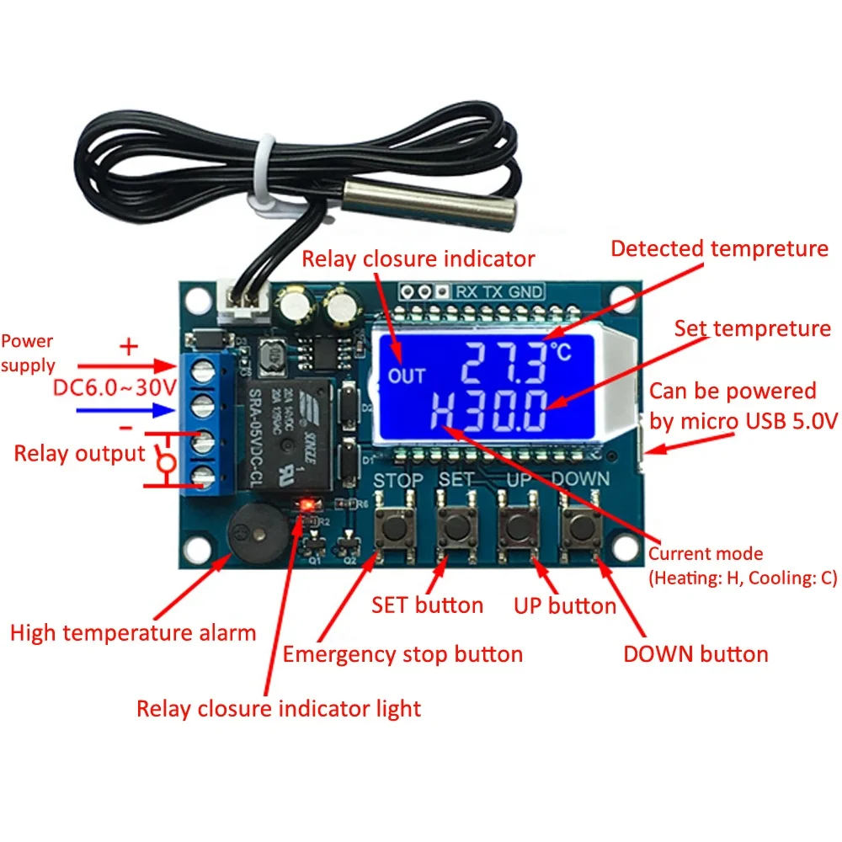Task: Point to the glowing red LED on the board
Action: click(x=307, y=504)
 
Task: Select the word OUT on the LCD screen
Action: click(x=407, y=376)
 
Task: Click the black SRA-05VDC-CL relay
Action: click(x=287, y=434)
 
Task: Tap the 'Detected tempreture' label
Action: click(x=719, y=248)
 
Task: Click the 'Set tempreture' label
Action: click(x=752, y=328)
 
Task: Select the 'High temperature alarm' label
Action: click(x=132, y=632)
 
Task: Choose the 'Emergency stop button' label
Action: click(x=402, y=654)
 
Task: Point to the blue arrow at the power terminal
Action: click(x=127, y=411)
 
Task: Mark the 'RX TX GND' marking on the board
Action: click(x=498, y=292)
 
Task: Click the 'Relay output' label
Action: click(x=80, y=454)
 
